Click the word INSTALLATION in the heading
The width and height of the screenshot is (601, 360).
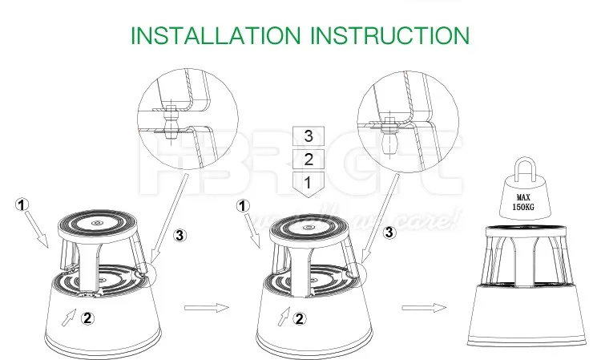(215, 35)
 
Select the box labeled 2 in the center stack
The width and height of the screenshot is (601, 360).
(309, 159)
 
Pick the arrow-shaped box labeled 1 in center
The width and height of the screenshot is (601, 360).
(309, 184)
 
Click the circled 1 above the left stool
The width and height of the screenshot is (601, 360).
(23, 204)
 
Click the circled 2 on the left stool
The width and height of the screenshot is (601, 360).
(89, 316)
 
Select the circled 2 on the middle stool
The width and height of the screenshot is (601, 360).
(300, 318)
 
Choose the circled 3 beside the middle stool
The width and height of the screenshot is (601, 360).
(390, 233)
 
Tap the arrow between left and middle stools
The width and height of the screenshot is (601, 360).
(206, 306)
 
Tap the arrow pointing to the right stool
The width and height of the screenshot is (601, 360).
(422, 306)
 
